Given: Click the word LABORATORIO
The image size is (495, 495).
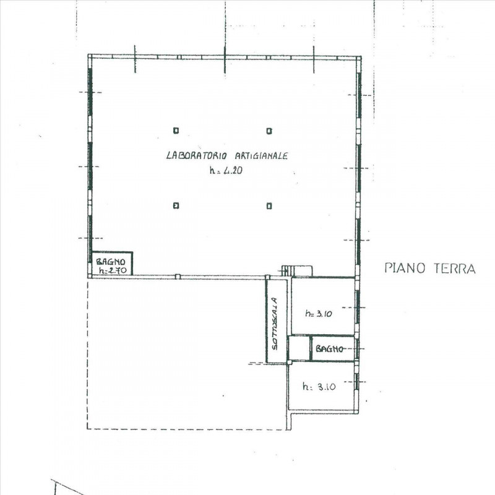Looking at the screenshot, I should [x=197, y=157].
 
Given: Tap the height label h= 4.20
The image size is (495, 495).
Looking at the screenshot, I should [x=224, y=173].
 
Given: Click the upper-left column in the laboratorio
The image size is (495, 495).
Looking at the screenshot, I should [x=176, y=131].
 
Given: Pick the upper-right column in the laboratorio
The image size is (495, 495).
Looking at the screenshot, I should [x=269, y=131].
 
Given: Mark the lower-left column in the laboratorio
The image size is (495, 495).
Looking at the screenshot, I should [x=176, y=205].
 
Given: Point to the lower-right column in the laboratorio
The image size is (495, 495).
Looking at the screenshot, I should [x=269, y=205].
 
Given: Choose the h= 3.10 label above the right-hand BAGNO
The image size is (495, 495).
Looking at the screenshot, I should [x=319, y=314].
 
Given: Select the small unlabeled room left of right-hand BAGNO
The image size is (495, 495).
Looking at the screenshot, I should [x=299, y=348].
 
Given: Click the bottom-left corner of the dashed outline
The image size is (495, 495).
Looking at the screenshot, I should [x=88, y=429].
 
